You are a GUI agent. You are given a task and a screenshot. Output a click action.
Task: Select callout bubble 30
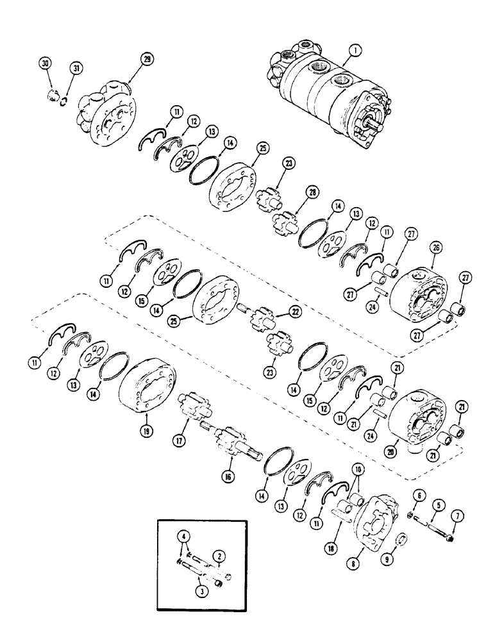point(45,65)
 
